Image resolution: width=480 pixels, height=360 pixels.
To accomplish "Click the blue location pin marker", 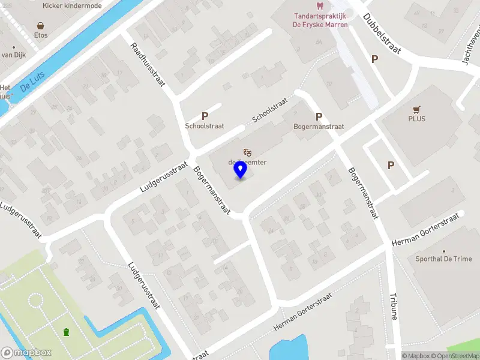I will click(x=241, y=170).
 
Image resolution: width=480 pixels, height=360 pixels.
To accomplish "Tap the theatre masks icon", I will click(x=247, y=153).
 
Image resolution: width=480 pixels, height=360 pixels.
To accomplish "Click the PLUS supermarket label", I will click(x=416, y=119).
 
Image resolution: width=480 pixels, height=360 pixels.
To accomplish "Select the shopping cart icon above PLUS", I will click(x=416, y=109).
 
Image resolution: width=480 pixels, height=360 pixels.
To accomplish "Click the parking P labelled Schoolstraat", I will click(x=205, y=116).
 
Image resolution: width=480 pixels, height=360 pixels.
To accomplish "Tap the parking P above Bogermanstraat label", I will click(x=319, y=117).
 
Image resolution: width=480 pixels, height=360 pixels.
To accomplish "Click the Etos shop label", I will click(x=41, y=35).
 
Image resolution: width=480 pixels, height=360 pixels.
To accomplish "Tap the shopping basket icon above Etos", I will click(x=41, y=26).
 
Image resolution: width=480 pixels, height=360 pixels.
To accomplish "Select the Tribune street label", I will click(x=394, y=307).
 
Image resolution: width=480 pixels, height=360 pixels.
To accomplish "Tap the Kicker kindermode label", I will click(x=72, y=6).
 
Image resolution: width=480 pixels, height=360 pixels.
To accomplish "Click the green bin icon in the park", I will click(x=66, y=332).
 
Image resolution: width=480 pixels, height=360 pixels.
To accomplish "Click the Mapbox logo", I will click(x=26, y=353).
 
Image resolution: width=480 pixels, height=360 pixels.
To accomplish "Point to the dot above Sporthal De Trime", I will click(x=444, y=251).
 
